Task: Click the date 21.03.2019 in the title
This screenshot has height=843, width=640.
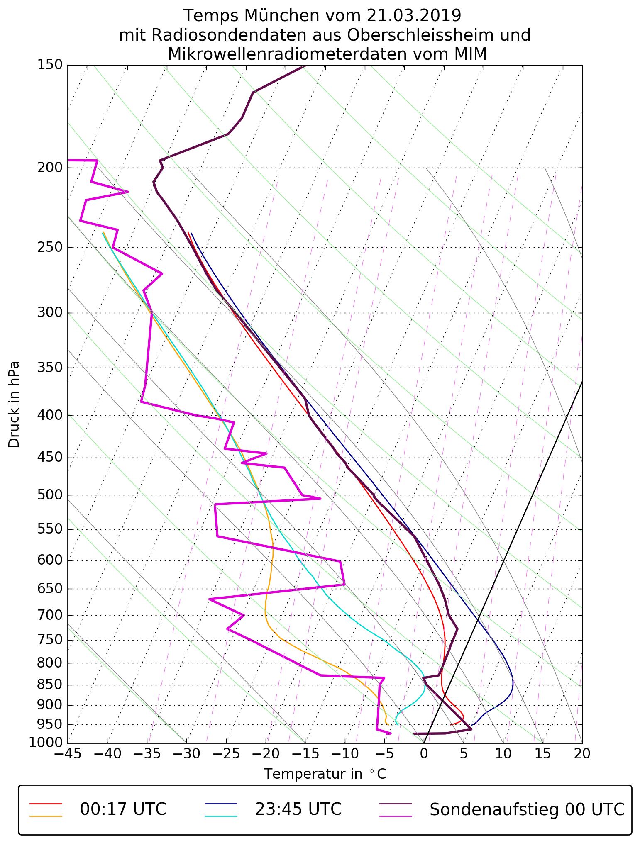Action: tap(414, 16)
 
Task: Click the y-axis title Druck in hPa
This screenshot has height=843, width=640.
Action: tap(14, 404)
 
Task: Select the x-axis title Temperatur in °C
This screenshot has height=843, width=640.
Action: tap(325, 774)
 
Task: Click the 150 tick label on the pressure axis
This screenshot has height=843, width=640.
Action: tap(49, 65)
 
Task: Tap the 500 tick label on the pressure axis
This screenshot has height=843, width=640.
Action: tap(49, 495)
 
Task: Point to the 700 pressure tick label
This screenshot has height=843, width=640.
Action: tap(49, 615)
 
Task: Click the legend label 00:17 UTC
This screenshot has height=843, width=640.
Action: tap(123, 809)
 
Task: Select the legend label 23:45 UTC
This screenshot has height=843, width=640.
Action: tap(298, 809)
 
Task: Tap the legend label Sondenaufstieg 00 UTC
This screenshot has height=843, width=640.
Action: tap(527, 809)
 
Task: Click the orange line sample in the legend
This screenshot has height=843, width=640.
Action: tap(46, 816)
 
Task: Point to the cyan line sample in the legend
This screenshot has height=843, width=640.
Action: tap(221, 816)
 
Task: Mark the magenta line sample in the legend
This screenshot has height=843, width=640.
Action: tap(396, 816)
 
